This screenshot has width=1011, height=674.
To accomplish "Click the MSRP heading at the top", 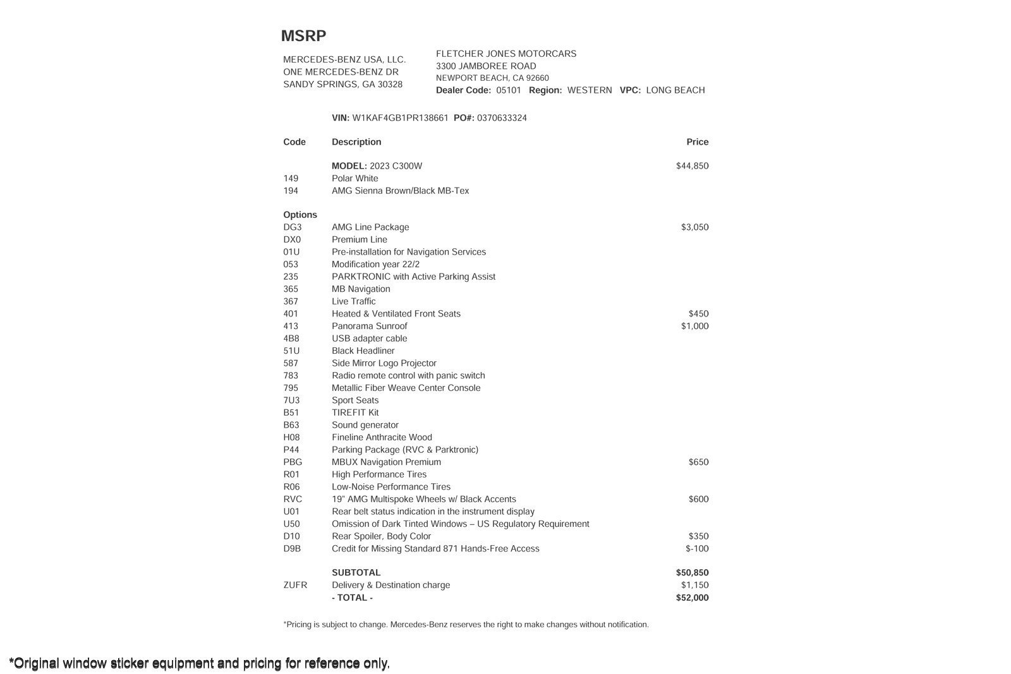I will click(303, 36).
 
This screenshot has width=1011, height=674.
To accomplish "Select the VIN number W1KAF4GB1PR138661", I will click(400, 118).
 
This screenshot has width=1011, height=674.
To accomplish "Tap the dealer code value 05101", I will click(509, 90).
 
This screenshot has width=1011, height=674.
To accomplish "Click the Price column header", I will click(697, 142).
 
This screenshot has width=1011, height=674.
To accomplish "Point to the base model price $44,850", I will click(692, 166).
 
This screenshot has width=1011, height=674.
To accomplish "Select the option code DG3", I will click(293, 227).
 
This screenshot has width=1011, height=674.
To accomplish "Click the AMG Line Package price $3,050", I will click(694, 227).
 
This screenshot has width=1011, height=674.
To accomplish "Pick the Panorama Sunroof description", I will click(369, 327).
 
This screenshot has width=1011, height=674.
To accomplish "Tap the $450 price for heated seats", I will click(698, 314).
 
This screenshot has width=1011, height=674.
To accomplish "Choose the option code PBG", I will click(293, 462).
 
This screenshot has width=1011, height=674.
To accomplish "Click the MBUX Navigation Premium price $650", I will click(698, 462).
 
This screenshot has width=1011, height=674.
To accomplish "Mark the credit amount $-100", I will click(697, 549).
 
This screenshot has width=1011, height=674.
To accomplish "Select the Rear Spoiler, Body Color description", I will click(381, 536).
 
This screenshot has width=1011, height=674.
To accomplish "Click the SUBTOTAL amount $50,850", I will click(692, 573).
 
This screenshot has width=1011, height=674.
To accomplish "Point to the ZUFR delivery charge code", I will click(295, 586).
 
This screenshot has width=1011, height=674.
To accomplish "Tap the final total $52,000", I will click(692, 598).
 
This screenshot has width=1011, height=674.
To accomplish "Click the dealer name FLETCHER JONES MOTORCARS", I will click(505, 54).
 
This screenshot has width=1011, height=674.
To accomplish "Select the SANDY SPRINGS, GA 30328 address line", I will click(342, 85).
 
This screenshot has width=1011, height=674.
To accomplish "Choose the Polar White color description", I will click(354, 179).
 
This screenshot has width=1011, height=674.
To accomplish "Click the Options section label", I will click(300, 215).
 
